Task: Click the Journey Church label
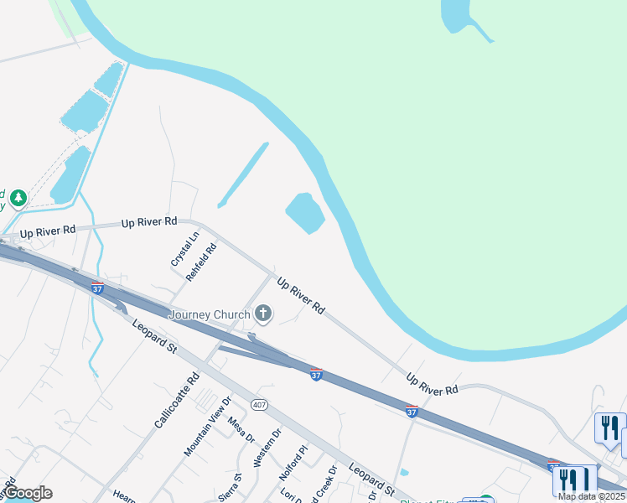[x=210, y=314]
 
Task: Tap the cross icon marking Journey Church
[x=263, y=314]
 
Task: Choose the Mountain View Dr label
[x=206, y=426]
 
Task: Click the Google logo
[x=28, y=493]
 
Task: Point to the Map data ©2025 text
[x=591, y=496]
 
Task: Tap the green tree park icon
[x=18, y=199]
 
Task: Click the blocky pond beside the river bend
[x=305, y=213]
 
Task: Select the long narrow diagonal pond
[x=243, y=174]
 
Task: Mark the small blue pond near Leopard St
[x=405, y=472]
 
